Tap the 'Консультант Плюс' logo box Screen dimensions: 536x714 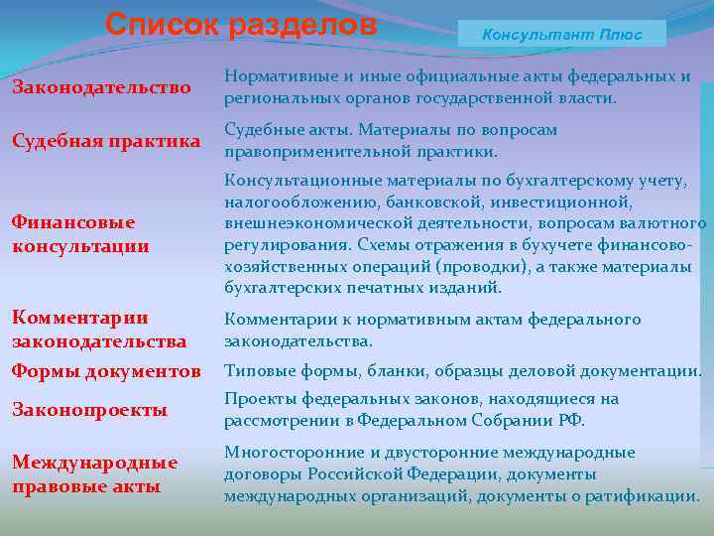click(561, 34)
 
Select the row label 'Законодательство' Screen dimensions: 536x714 click(101, 88)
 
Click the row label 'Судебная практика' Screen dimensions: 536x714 click(106, 141)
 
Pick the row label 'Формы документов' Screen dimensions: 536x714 click(106, 372)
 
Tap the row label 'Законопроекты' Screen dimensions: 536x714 click(89, 410)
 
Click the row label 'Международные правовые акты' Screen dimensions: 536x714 click(95, 474)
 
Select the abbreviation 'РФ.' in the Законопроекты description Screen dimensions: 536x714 click(570, 420)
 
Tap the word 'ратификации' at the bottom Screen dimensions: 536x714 click(649, 495)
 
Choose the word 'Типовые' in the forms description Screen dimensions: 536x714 click(255, 371)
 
